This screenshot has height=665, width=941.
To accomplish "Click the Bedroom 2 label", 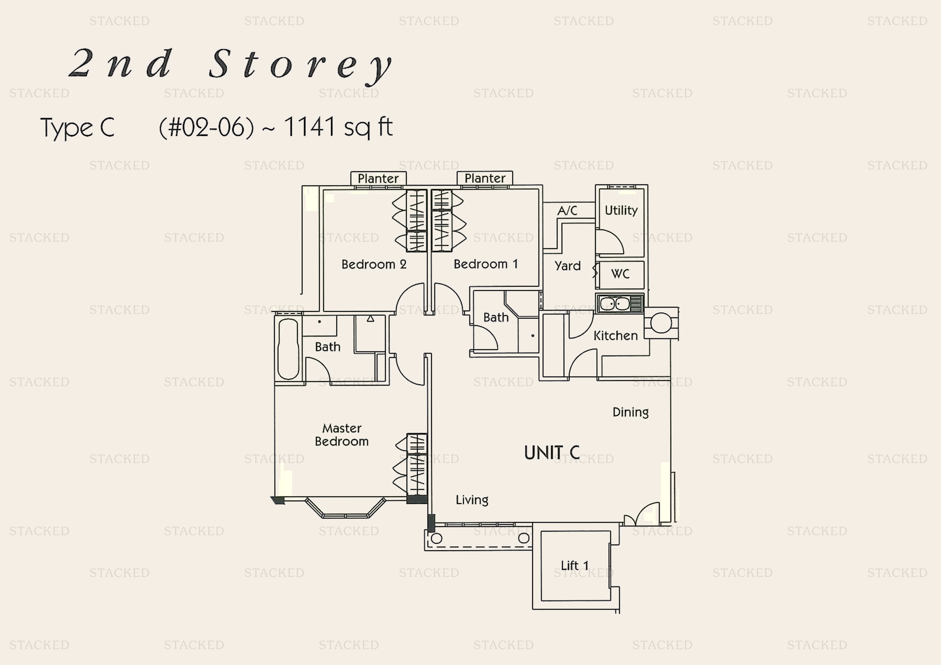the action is coord(374,264).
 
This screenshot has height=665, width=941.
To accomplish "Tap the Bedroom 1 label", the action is coord(486,264).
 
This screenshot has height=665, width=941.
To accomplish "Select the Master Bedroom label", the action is coord(342,435).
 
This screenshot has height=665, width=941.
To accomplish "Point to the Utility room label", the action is coord(621,210).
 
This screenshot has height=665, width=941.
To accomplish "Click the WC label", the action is coord(620,274).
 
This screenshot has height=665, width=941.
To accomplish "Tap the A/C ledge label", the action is coord(567,210).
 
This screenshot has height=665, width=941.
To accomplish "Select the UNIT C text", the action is coord(552,453).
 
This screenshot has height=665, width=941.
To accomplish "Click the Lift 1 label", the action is coord(575,566).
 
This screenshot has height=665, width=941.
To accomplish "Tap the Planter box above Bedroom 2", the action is coord(378,179).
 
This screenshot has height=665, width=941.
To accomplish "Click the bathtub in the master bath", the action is coord(288,349).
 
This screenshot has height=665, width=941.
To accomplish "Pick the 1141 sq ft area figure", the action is coord(338,127).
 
